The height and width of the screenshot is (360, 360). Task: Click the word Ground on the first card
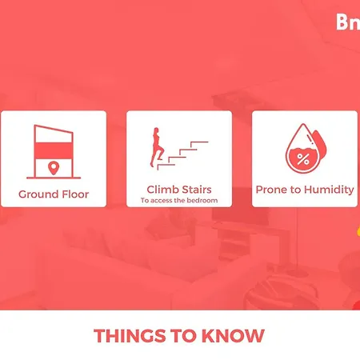click(38, 194)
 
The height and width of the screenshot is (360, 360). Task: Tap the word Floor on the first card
click(75, 194)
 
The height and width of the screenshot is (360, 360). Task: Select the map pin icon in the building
click(54, 168)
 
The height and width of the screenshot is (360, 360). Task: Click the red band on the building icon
click(54, 150)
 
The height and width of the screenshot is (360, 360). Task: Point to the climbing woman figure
click(157, 147)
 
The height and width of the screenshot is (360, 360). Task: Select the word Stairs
click(194, 190)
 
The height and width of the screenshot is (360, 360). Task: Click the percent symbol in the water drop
click(303, 159)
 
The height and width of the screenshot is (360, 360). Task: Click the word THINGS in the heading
click(130, 336)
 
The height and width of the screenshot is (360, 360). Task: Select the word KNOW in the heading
click(233, 336)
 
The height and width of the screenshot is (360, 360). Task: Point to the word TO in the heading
click(184, 336)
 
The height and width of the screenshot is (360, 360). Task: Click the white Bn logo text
click(348, 22)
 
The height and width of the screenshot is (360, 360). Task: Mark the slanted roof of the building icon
click(54, 129)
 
